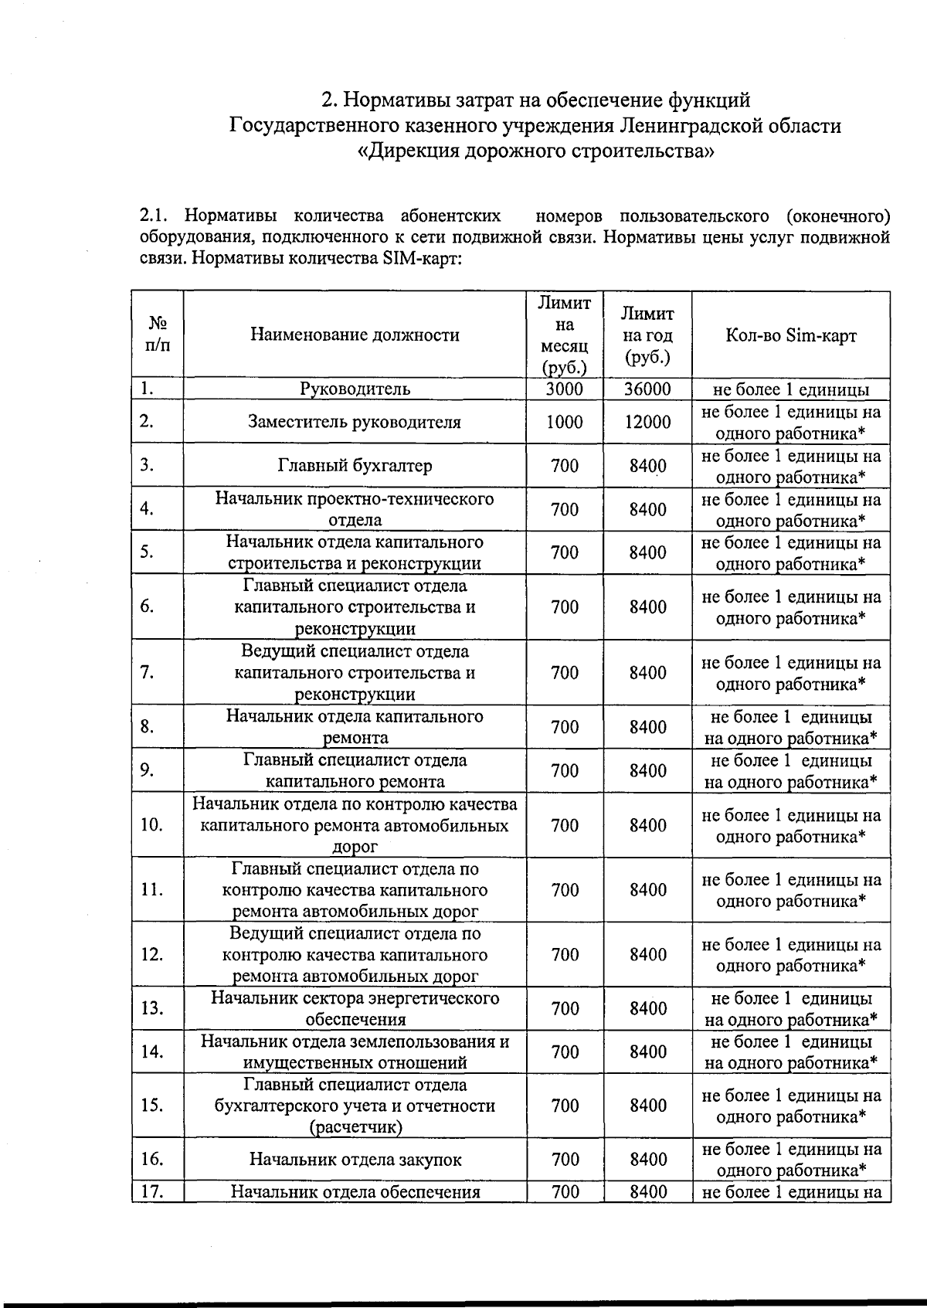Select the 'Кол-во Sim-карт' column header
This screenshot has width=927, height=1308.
click(x=790, y=335)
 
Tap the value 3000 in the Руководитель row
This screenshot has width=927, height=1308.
click(x=565, y=389)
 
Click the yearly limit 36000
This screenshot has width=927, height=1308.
click(x=647, y=389)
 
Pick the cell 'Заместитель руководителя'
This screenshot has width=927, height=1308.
click(x=355, y=422)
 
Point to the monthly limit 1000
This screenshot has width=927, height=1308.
click(x=565, y=422)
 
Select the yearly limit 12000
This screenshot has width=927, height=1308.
click(x=647, y=422)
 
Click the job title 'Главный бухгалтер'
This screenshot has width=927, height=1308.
click(x=355, y=465)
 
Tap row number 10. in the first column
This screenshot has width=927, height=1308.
click(x=151, y=824)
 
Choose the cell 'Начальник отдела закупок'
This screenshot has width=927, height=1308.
click(x=355, y=1159)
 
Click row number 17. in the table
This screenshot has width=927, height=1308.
click(x=151, y=1191)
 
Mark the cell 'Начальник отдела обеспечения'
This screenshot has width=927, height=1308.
click(x=355, y=1191)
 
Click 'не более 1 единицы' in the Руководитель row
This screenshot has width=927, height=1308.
click(x=790, y=389)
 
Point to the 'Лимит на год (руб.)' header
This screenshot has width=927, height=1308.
click(x=647, y=335)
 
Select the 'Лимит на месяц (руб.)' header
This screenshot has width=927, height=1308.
click(x=565, y=335)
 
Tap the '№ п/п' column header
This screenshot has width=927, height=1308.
click(x=158, y=335)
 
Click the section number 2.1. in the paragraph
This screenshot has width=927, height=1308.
click(x=156, y=215)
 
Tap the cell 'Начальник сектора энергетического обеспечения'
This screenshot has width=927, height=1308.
click(x=355, y=1008)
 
